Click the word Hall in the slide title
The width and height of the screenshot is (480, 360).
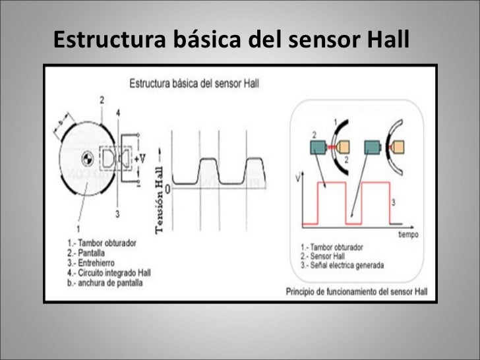pyautogui.click(x=386, y=42)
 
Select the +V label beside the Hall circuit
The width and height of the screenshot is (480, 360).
pyautogui.click(x=140, y=159)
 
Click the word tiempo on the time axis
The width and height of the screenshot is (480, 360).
pyautogui.click(x=407, y=234)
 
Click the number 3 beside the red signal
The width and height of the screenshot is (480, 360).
pyautogui.click(x=393, y=202)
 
